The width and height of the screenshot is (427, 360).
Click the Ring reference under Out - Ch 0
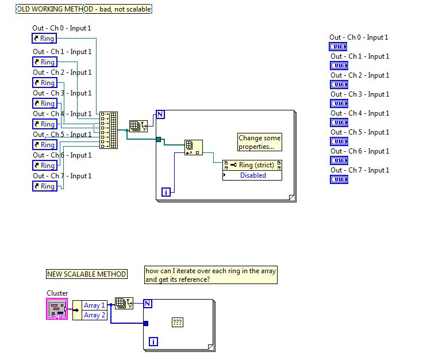[x=44, y=39]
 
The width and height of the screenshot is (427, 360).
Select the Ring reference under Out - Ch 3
[x=44, y=104]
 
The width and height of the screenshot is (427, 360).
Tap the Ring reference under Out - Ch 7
[x=44, y=186]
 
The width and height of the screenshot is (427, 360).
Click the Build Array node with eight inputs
[x=108, y=131]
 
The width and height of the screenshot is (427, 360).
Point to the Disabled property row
[x=252, y=175]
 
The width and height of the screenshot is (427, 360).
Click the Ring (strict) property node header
[x=252, y=166]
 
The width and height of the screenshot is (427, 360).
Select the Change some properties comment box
[x=260, y=142]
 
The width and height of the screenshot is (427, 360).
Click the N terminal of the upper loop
[x=160, y=114]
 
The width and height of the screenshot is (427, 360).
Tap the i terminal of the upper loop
[x=166, y=192]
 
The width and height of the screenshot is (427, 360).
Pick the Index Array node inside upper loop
[x=193, y=147]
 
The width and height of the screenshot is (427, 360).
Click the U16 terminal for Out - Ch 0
[x=339, y=47]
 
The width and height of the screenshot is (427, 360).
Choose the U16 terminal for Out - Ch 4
[x=339, y=122]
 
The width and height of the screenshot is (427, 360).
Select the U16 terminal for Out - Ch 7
[x=339, y=179]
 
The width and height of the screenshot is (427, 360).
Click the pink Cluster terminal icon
[x=57, y=309]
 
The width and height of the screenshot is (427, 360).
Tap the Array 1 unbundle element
[x=94, y=305]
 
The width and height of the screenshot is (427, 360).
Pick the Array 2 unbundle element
[x=94, y=315]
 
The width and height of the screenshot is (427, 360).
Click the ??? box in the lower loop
[x=178, y=323]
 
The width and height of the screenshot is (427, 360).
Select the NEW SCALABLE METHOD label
[x=87, y=274]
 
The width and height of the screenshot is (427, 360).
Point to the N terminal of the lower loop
[x=147, y=304]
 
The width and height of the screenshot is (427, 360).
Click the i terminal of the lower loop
[x=153, y=342]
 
